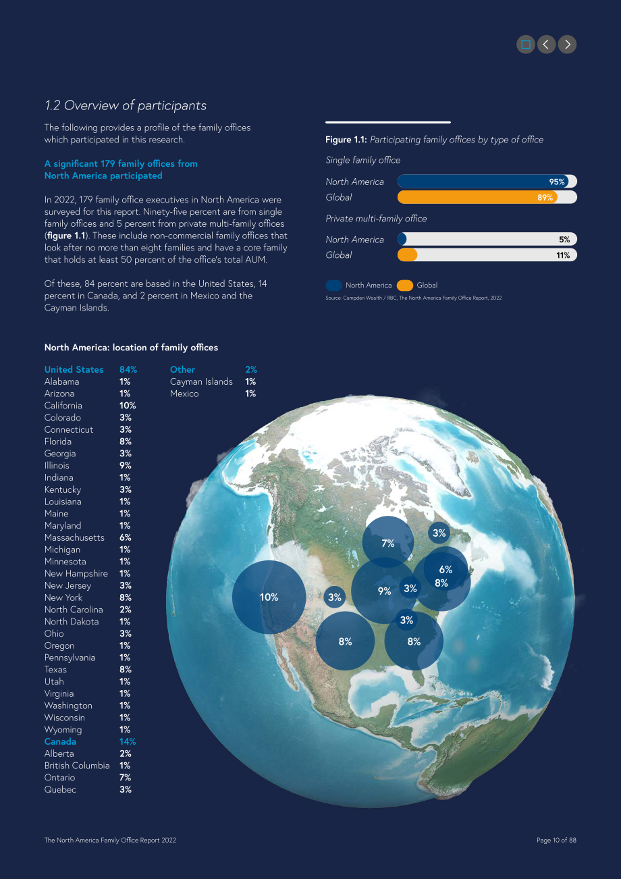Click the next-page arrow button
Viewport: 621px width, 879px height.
(x=567, y=45)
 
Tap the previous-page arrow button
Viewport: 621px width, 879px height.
(x=547, y=45)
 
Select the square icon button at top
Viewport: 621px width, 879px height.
(x=526, y=45)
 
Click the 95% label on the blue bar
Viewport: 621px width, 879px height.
(x=557, y=182)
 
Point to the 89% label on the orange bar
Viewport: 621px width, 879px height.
(x=545, y=197)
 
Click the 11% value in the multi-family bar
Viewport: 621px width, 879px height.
(x=563, y=255)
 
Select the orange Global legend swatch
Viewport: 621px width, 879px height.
(x=405, y=286)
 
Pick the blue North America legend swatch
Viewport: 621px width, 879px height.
(x=333, y=286)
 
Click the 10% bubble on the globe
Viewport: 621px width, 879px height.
(x=269, y=597)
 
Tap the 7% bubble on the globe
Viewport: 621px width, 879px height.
(x=387, y=541)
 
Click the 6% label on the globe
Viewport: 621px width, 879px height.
(x=446, y=569)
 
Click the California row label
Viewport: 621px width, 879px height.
(x=63, y=405)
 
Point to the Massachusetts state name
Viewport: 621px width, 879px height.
(x=74, y=537)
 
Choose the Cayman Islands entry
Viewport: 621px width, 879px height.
(x=201, y=381)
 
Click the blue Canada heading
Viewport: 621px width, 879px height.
(x=60, y=742)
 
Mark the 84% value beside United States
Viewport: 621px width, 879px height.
(x=128, y=370)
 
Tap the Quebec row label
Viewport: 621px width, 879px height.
(x=60, y=789)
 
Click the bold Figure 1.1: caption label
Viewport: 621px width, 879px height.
(x=346, y=140)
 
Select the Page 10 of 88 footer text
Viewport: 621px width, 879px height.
(x=556, y=840)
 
